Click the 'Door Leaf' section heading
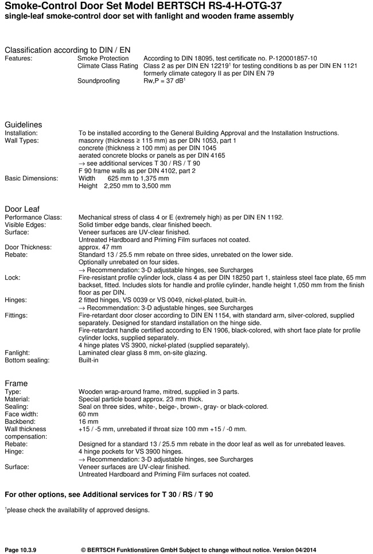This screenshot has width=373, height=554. tap(22, 208)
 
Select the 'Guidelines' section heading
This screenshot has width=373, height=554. tap(24, 125)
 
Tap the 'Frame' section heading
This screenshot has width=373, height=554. tap(16, 383)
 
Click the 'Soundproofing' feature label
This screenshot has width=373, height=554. tap(99, 81)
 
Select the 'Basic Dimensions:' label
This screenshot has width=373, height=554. tap(32, 178)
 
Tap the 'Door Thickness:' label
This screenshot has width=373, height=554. tap(28, 247)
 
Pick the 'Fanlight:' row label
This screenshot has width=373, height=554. tap(18, 352)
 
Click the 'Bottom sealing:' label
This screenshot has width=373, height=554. tap(27, 360)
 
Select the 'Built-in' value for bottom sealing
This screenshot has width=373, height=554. tap(88, 360)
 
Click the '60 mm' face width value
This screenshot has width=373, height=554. tap(88, 413)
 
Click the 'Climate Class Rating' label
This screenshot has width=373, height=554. tap(108, 66)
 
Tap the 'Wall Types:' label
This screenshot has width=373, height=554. tap(22, 141)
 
